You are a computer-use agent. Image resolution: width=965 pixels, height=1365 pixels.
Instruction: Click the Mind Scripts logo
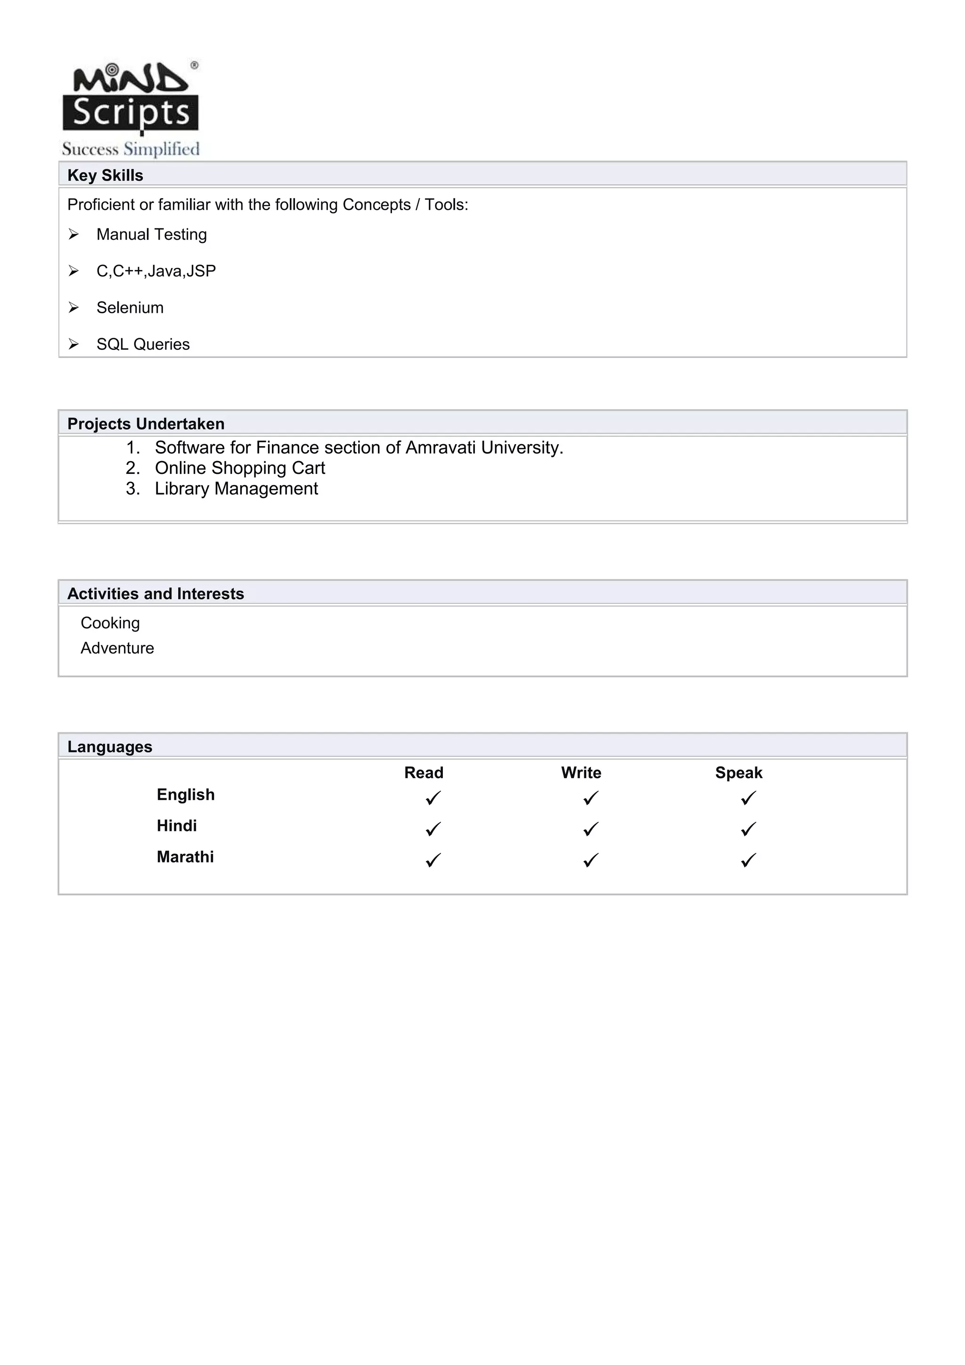(x=131, y=108)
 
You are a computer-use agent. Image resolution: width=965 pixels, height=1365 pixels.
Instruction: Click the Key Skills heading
(x=105, y=175)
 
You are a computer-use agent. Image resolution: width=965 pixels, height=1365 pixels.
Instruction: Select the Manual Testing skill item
(x=152, y=234)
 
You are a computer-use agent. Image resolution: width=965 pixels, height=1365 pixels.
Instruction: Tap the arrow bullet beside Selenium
(x=74, y=308)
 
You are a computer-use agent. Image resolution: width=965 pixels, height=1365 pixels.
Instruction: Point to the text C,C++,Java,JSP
(x=156, y=271)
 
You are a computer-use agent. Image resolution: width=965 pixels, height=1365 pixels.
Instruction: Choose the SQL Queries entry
(x=143, y=344)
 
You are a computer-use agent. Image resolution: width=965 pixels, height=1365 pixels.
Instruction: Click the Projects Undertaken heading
(x=146, y=424)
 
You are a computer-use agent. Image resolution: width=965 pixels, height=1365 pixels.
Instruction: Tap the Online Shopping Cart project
(x=240, y=468)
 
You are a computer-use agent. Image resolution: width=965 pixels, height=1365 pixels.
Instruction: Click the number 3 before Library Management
(x=131, y=489)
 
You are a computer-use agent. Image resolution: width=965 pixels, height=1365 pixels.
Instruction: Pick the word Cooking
(x=110, y=623)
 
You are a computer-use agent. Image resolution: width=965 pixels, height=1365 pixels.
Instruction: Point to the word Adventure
(x=117, y=648)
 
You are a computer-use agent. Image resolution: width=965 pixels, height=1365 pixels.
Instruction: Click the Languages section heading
(x=110, y=747)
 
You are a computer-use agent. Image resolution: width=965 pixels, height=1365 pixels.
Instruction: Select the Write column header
(x=581, y=773)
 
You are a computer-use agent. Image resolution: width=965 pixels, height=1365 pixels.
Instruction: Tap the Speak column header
(x=738, y=773)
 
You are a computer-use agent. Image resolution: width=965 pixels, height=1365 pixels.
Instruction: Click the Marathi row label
(x=185, y=857)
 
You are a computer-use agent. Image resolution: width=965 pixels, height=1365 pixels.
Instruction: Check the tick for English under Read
(x=433, y=798)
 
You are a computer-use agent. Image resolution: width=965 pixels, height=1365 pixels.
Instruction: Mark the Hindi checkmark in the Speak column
(x=748, y=829)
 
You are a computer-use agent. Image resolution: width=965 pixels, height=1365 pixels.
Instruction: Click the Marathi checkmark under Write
(x=590, y=860)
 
